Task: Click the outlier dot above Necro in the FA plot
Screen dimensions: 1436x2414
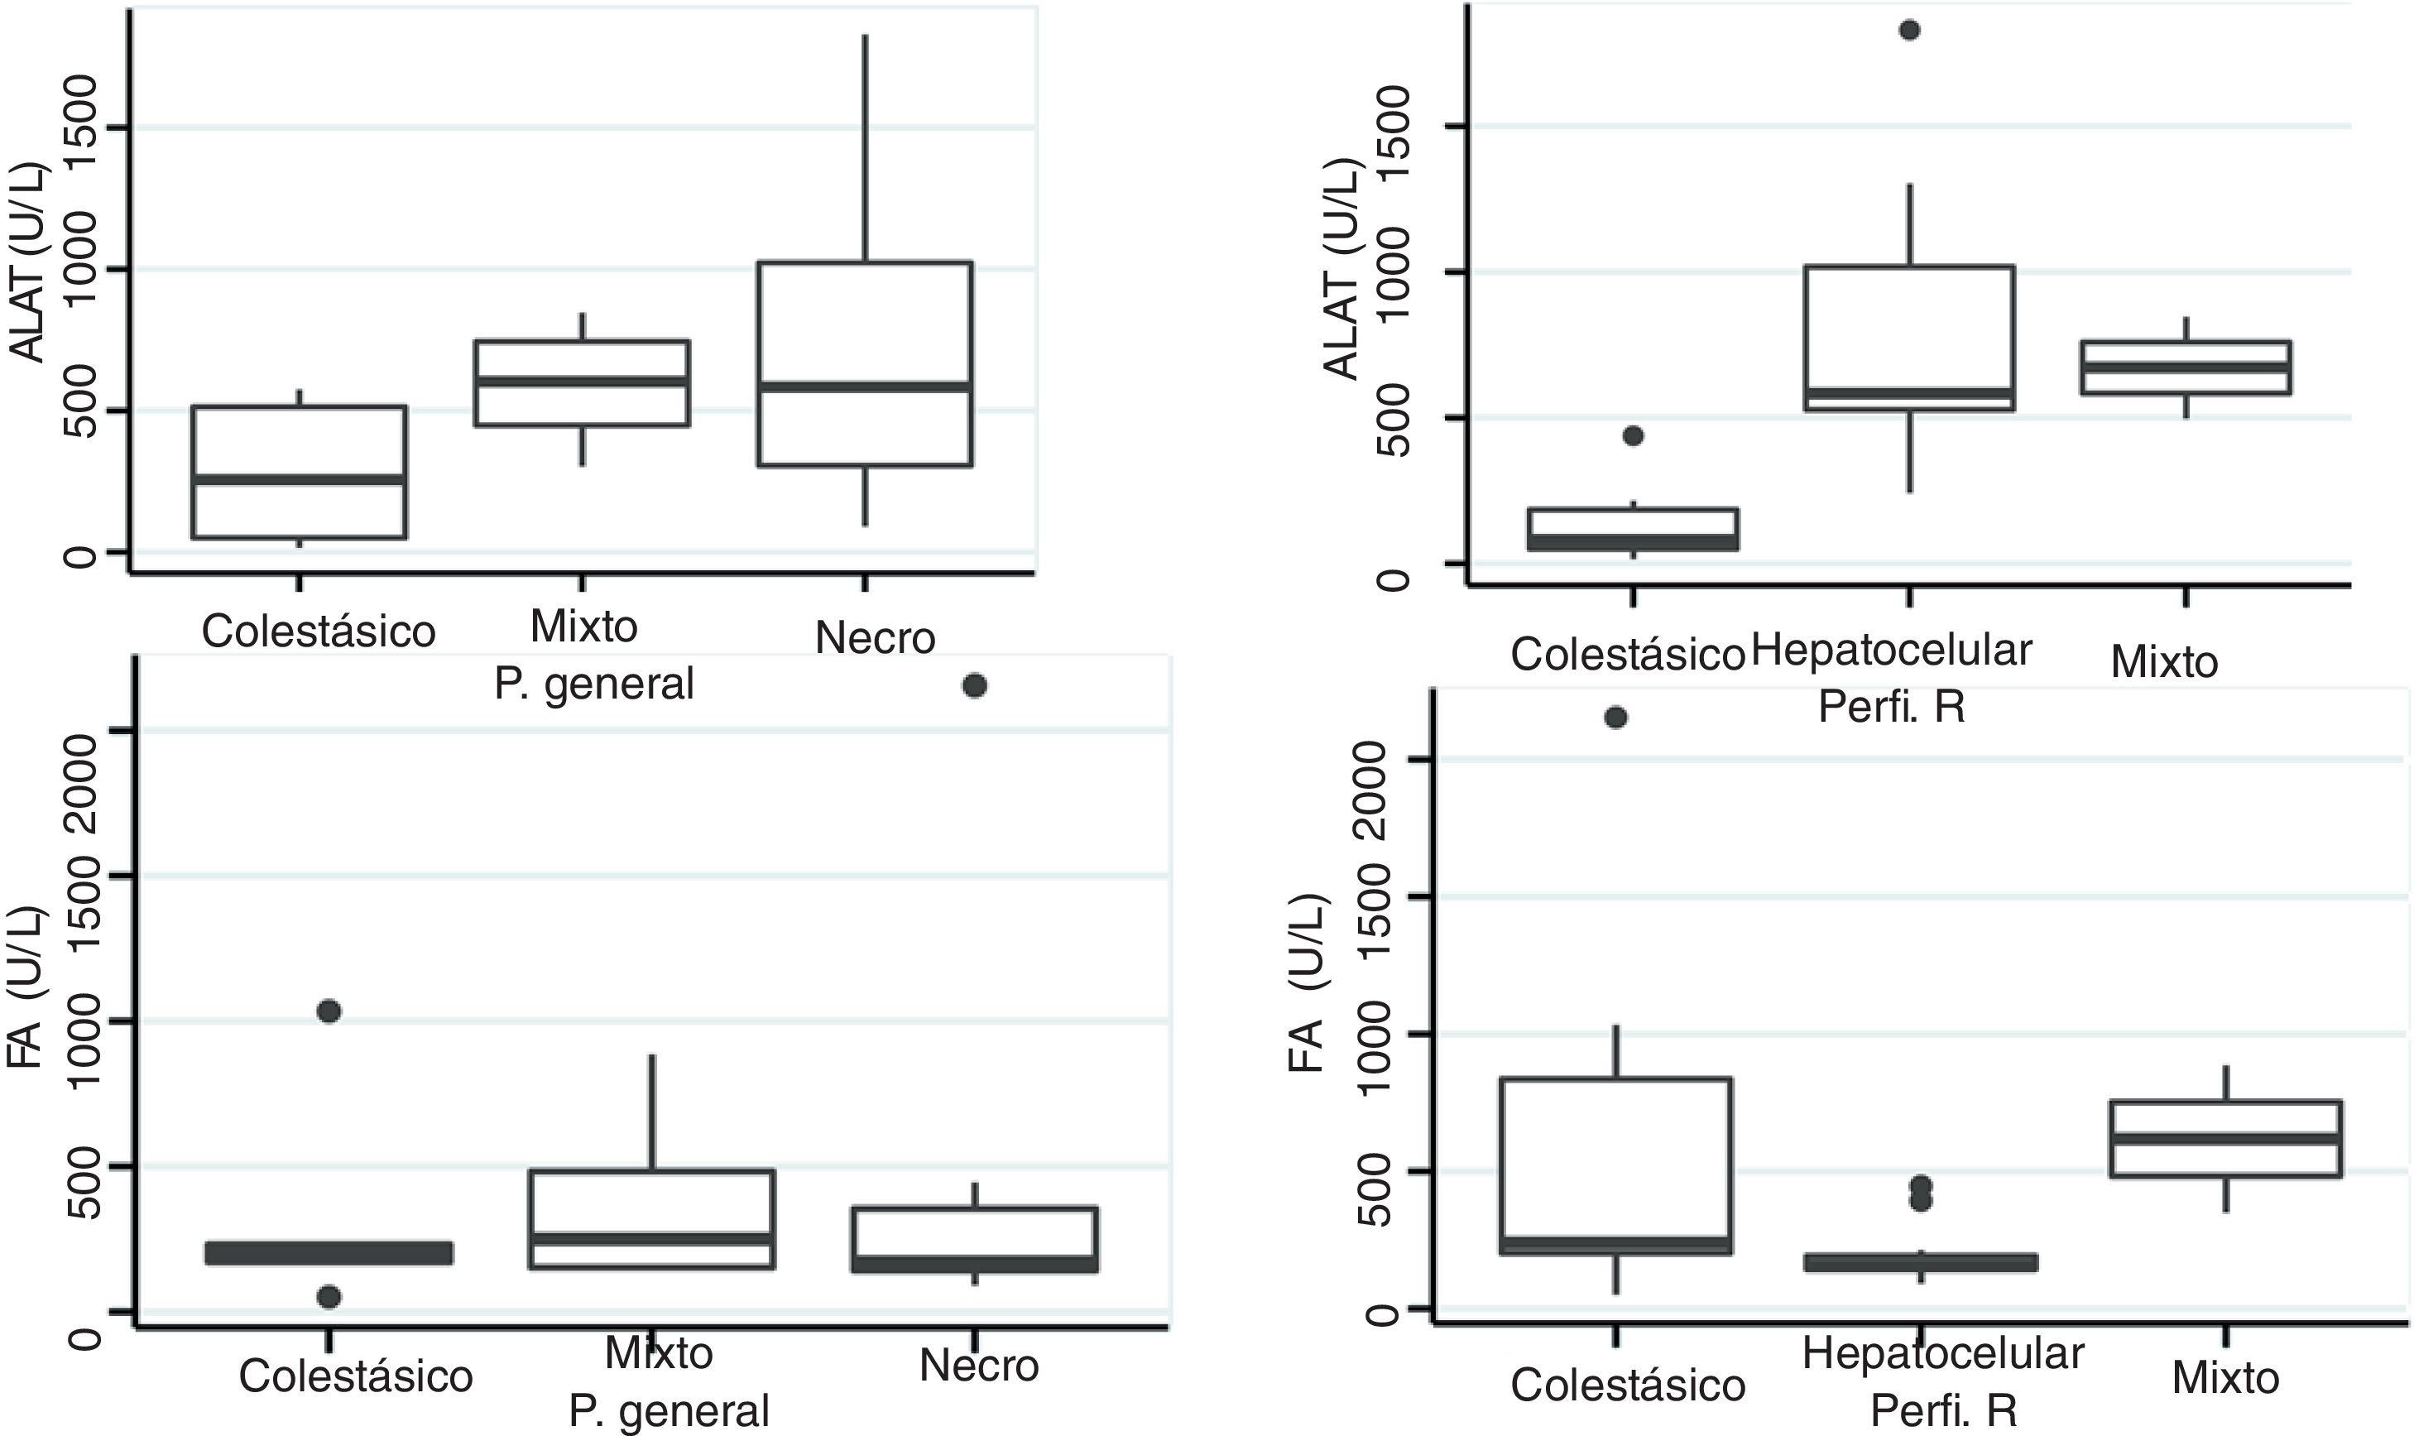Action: pos(974,686)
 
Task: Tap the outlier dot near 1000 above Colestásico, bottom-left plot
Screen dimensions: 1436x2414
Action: pos(329,1011)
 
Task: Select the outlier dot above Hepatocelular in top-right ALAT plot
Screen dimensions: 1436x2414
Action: pos(1910,30)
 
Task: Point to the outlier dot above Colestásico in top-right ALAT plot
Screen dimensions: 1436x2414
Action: pos(1634,435)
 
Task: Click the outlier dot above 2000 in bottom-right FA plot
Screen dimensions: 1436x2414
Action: pos(1615,717)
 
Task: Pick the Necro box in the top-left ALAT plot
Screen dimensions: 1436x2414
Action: pos(865,364)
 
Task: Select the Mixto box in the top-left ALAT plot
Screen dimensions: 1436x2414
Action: pos(582,383)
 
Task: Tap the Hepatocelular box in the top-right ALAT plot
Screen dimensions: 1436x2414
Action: pos(1910,338)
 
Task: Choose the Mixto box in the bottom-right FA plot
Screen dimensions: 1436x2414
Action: pos(2226,1138)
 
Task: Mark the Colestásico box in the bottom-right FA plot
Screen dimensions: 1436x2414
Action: pos(1615,1165)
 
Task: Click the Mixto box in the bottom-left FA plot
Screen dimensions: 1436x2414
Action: pos(651,1219)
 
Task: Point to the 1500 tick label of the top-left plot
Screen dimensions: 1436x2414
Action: pos(86,127)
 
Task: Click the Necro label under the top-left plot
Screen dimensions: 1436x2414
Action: pos(876,637)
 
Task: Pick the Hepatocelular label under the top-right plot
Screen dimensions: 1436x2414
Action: pos(1892,651)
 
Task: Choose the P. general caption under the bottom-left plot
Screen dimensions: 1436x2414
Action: pos(669,1411)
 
